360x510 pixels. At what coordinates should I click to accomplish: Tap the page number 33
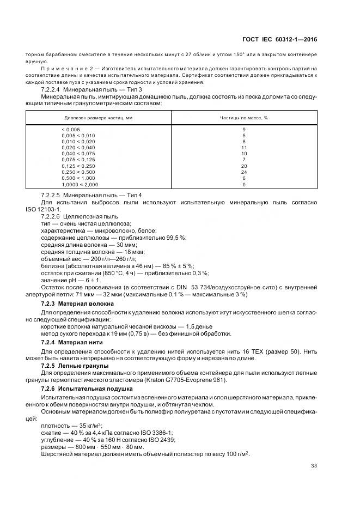(314, 465)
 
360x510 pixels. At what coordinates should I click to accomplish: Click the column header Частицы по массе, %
(243, 118)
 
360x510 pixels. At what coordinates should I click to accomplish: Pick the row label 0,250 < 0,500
(79, 172)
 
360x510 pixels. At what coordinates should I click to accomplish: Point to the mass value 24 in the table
(244, 172)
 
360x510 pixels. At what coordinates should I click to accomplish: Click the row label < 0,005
(71, 129)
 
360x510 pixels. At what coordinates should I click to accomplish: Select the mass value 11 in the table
(244, 148)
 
